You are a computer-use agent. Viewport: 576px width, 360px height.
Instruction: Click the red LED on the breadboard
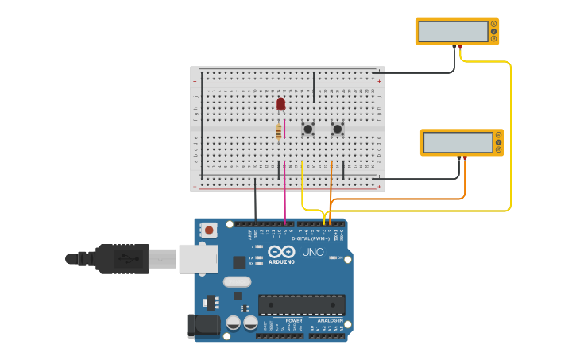[x=280, y=103]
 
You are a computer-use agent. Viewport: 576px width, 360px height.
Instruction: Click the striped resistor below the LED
[x=279, y=132]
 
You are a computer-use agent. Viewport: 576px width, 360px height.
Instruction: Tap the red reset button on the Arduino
[x=209, y=230]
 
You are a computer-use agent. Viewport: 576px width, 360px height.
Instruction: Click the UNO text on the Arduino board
[x=312, y=252]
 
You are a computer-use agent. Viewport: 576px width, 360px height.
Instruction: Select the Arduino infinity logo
[x=281, y=251]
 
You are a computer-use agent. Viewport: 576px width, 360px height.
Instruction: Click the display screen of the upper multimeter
[x=453, y=31]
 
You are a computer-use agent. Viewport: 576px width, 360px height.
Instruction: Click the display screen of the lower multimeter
[x=458, y=142]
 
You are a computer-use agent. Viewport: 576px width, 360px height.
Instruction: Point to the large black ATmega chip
[x=302, y=304]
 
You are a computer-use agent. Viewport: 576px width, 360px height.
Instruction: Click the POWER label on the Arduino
[x=283, y=320]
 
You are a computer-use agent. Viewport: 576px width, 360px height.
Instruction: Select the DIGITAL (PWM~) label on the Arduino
[x=311, y=238]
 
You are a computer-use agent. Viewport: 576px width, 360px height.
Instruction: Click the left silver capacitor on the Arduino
[x=234, y=323]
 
